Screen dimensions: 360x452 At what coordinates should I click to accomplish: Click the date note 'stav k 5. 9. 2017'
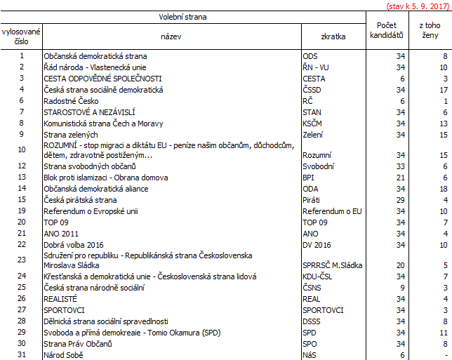(x=418, y=6)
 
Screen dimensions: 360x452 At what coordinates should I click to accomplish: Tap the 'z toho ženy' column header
(x=429, y=29)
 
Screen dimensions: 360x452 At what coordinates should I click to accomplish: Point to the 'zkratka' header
(x=333, y=36)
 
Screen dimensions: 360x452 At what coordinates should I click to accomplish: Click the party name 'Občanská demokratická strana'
(x=95, y=55)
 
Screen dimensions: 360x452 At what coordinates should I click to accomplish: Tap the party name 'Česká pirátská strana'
(x=80, y=199)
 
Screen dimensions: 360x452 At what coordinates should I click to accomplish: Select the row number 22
(x=22, y=244)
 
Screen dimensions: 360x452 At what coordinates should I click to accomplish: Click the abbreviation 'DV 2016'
(x=317, y=244)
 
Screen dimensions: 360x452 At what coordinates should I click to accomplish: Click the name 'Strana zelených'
(x=70, y=134)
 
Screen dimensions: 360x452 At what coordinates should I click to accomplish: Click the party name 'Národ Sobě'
(x=63, y=355)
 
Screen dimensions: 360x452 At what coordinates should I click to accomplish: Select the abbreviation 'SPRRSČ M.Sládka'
(x=331, y=266)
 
